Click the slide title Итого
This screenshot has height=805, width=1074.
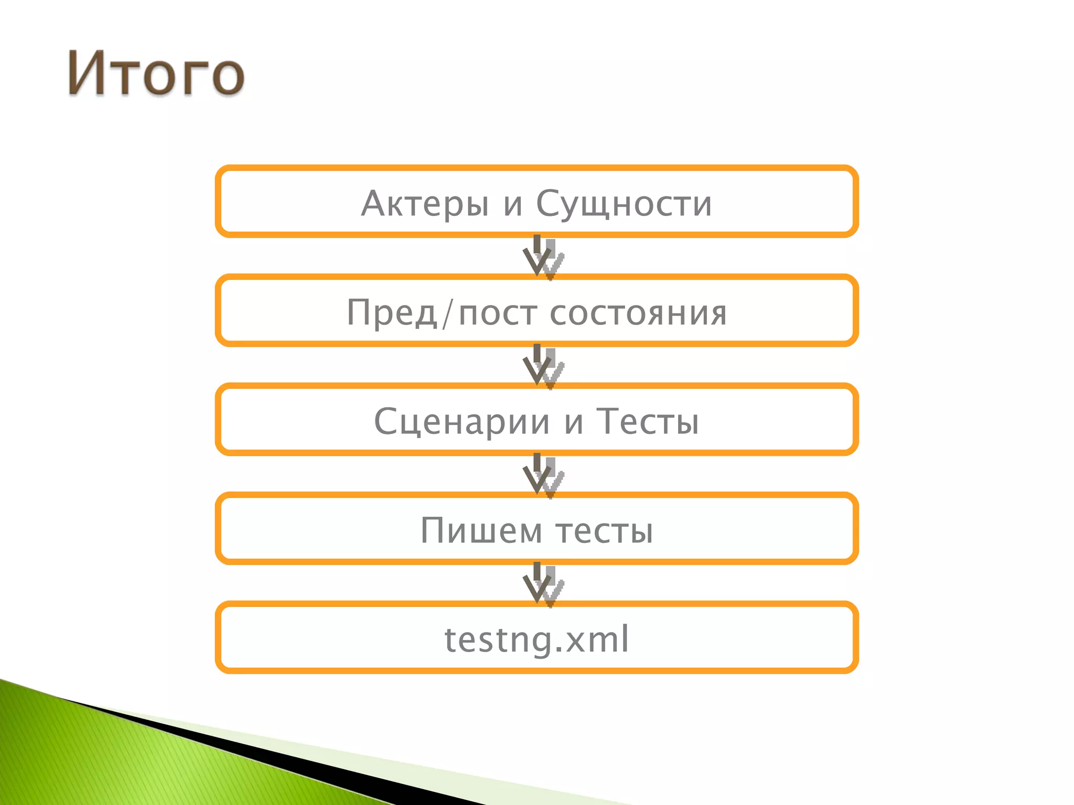click(156, 73)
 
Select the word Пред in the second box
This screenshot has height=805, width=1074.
click(392, 313)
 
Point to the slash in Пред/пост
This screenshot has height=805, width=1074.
click(447, 314)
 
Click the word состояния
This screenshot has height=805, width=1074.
click(638, 313)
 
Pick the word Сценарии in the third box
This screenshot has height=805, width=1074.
click(462, 422)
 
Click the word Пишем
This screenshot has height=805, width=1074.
click(481, 530)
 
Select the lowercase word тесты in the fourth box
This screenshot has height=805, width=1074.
click(605, 530)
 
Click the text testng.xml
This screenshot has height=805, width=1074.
click(536, 639)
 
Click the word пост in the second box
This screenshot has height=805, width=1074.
click(498, 313)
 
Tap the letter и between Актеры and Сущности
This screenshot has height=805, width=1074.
click(513, 204)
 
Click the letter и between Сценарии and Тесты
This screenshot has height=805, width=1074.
click(574, 422)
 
